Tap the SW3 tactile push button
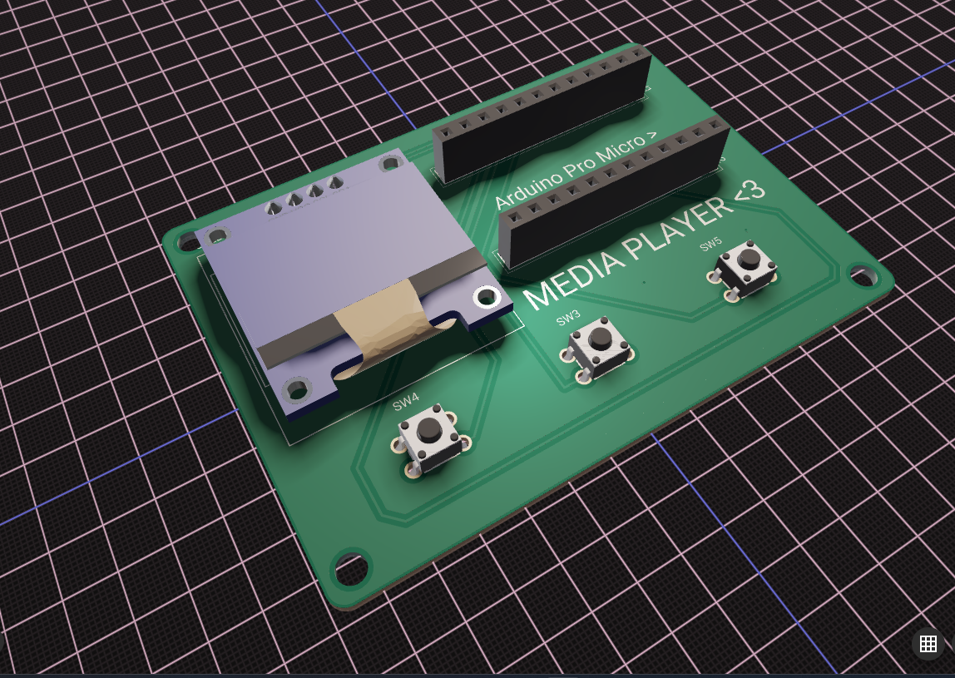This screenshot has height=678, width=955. (598, 347)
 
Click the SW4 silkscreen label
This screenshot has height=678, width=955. (406, 403)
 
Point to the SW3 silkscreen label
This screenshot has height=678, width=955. (568, 317)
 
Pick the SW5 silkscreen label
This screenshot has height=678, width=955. (711, 245)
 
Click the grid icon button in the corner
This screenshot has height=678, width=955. (928, 643)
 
